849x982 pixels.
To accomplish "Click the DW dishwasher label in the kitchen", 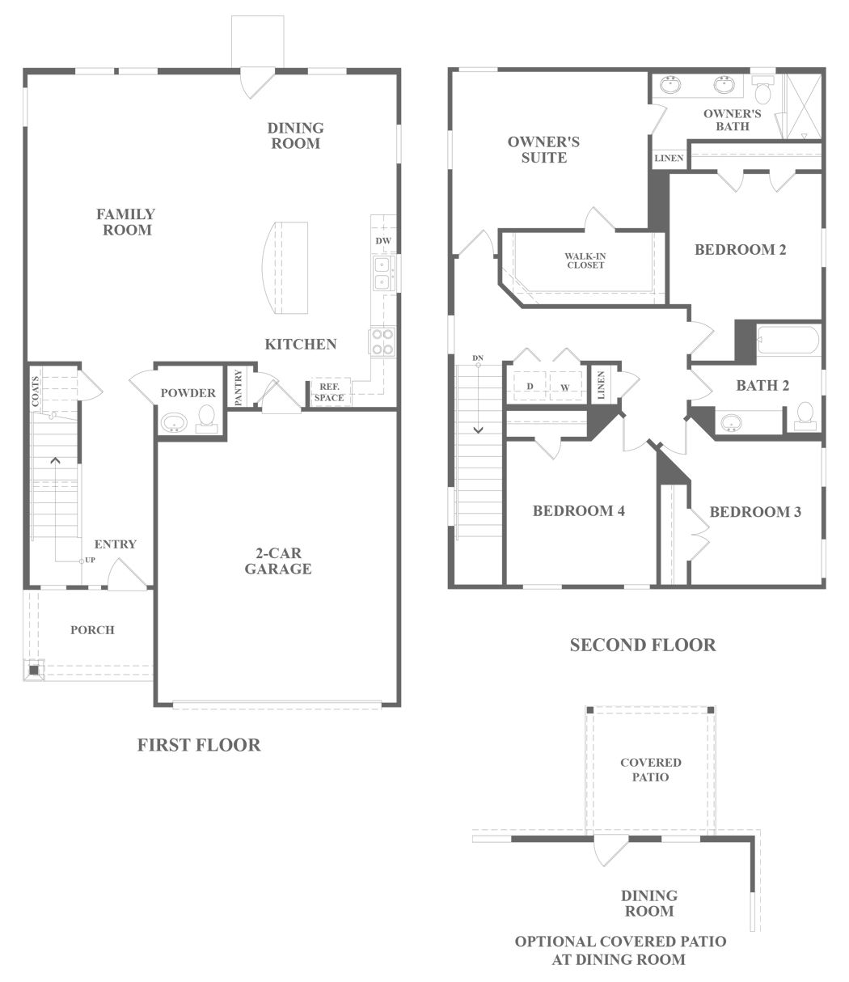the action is click(383, 241).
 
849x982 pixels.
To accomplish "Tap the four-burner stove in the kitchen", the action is click(382, 341).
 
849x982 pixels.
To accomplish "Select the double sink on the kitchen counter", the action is click(382, 273).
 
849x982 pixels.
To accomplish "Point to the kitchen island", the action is click(285, 268).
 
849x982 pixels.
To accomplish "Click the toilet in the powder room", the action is click(206, 418).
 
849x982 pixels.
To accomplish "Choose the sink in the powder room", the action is click(174, 422).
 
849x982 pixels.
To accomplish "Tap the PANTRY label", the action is click(239, 387).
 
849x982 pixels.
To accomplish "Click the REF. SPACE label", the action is click(329, 392).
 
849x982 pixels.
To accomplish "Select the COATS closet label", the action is click(35, 392).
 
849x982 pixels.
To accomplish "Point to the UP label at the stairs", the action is click(90, 560).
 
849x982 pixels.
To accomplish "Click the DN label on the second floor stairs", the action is click(478, 358).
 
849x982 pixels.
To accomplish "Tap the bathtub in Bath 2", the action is click(788, 339).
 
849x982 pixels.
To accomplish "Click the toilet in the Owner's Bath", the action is click(763, 91).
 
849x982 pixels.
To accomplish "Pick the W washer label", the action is click(564, 387).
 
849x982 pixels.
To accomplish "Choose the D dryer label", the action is click(530, 386).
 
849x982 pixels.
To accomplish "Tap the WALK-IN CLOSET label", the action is click(585, 260).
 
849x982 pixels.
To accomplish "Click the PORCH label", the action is click(93, 630).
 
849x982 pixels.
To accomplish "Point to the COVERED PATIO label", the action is click(651, 769).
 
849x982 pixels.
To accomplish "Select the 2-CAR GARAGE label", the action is click(278, 561).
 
